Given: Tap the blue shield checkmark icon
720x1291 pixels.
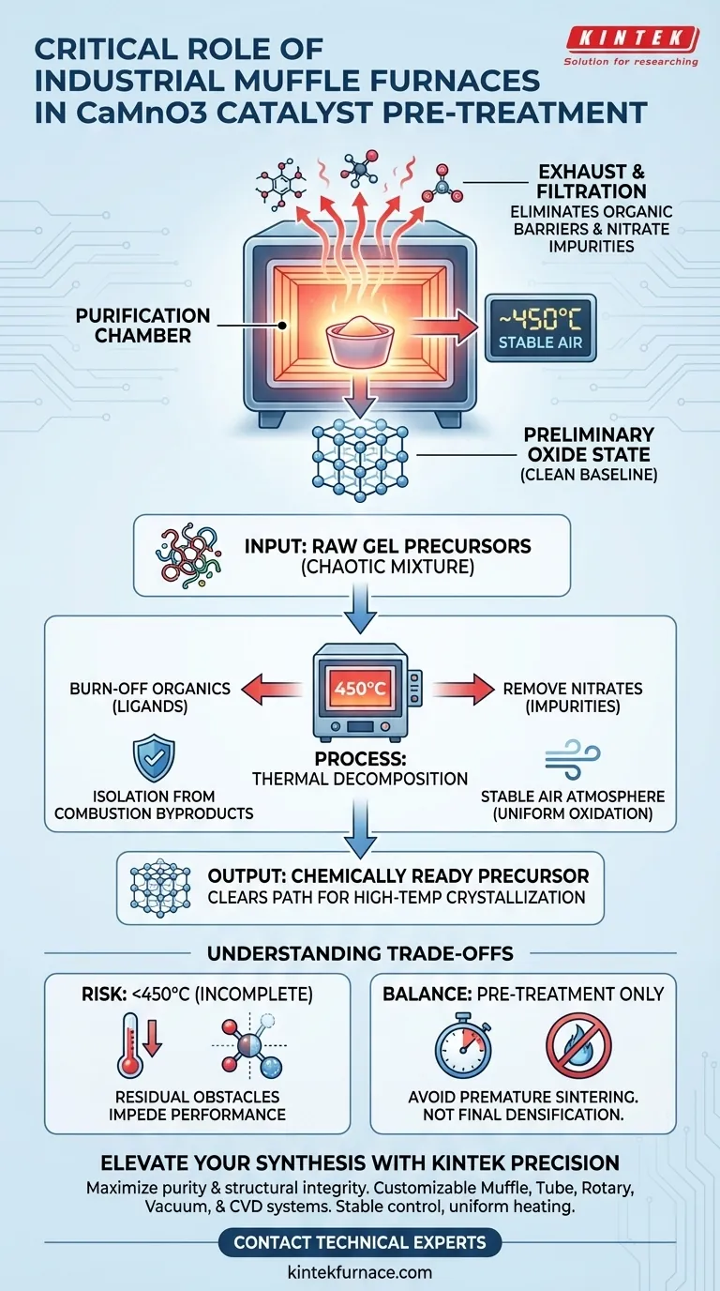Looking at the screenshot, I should (154, 758).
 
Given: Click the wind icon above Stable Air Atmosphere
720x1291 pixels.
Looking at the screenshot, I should (573, 758).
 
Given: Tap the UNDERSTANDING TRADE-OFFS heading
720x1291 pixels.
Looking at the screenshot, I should (360, 953).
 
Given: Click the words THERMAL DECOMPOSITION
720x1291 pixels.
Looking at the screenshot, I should (359, 778).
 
